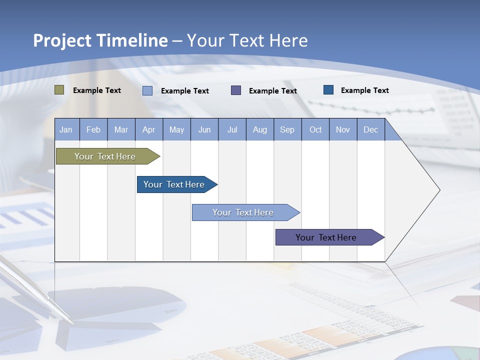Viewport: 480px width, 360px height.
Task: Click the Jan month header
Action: tap(66, 129)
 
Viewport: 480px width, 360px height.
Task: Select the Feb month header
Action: tap(93, 129)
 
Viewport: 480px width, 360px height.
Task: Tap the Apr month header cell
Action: tap(149, 129)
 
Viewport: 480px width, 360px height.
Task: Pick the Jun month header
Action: tap(204, 129)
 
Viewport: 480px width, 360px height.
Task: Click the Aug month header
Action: tap(260, 129)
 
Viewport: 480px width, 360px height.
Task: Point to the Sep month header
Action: tap(287, 129)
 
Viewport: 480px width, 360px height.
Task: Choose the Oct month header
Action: tap(315, 129)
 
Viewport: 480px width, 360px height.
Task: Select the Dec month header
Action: tap(371, 129)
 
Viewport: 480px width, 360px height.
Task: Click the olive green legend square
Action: tap(59, 90)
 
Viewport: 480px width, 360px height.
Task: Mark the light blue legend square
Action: tap(147, 90)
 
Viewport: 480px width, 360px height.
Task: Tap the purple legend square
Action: tap(236, 90)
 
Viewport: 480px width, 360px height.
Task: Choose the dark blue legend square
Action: tap(328, 90)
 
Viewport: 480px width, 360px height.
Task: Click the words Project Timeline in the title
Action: tap(100, 40)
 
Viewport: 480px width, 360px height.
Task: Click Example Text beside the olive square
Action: tap(97, 90)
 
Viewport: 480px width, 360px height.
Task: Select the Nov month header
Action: tap(343, 129)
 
